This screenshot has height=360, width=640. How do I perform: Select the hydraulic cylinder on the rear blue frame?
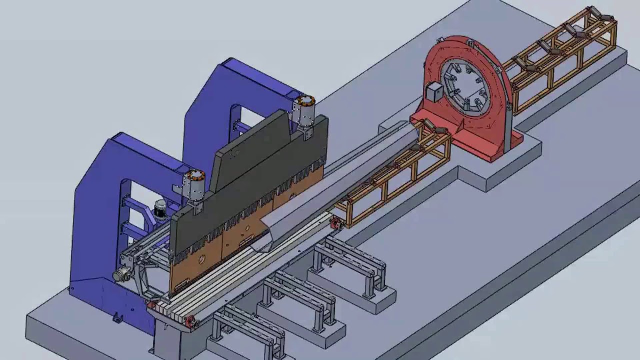pyautogui.click(x=304, y=111)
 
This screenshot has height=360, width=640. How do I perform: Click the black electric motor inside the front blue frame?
pyautogui.click(x=160, y=210)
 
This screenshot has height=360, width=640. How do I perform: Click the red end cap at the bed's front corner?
pyautogui.click(x=190, y=322)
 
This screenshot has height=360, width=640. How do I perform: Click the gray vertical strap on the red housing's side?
pyautogui.click(x=507, y=125)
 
